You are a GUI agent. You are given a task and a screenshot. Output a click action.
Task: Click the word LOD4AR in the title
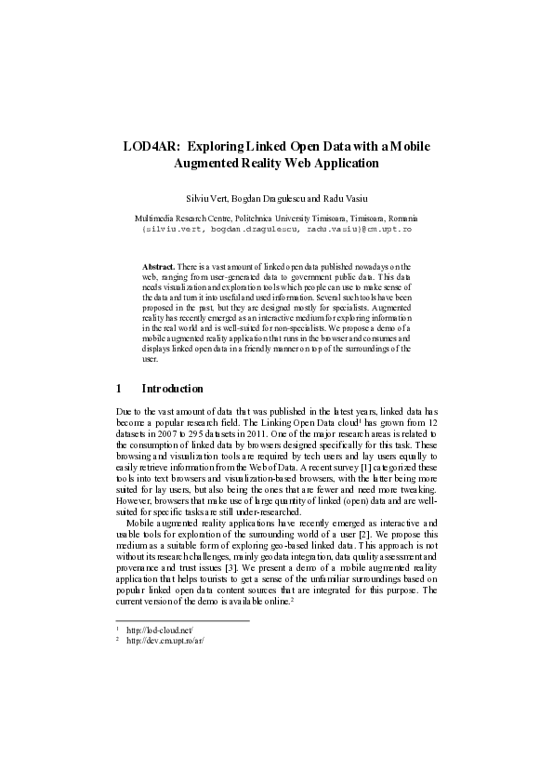(x=151, y=147)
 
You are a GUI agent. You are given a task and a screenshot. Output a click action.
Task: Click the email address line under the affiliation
(x=276, y=228)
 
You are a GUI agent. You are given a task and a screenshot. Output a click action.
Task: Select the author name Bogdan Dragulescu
(x=270, y=198)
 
